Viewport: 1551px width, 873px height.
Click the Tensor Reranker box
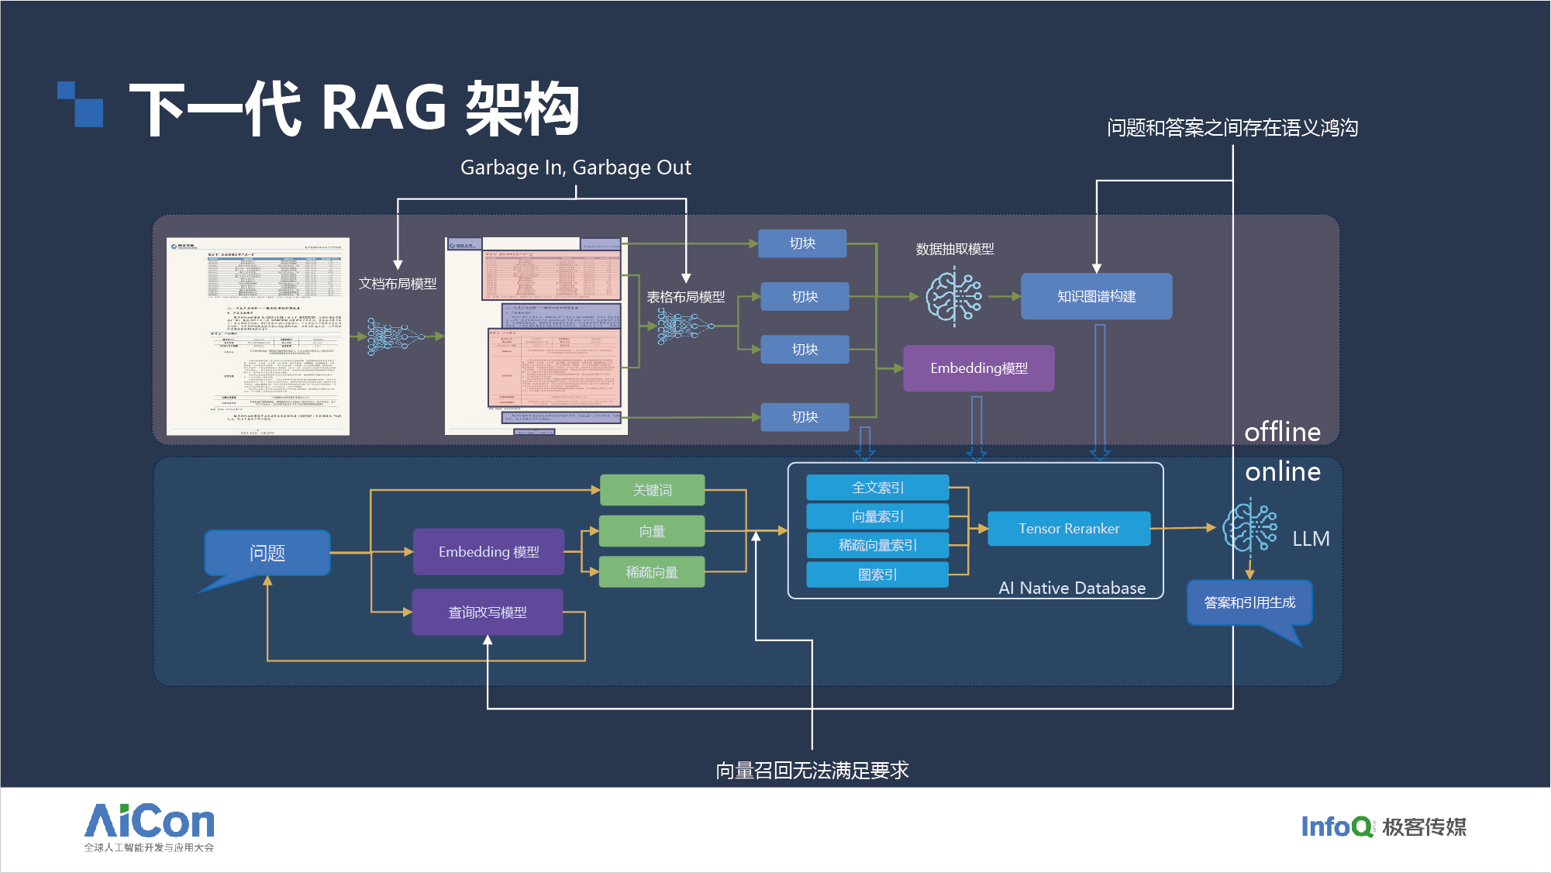[1069, 529]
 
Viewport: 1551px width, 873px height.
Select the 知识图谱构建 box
[1096, 296]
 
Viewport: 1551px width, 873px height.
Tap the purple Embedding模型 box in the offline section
[978, 368]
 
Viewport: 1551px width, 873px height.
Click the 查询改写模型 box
[488, 612]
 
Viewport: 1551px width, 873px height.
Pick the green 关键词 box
[652, 490]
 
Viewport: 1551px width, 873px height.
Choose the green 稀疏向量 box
[652, 572]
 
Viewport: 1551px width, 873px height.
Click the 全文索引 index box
[877, 488]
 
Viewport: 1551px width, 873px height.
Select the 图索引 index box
[877, 575]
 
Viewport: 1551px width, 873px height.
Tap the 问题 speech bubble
[267, 553]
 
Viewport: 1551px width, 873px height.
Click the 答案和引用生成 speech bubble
[1249, 602]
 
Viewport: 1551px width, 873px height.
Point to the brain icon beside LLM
[1249, 527]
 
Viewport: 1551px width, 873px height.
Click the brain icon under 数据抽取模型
[954, 295]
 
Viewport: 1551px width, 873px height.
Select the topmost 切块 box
[802, 243]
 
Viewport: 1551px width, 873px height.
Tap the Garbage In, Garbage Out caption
[575, 167]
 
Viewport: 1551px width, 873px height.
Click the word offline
[1282, 432]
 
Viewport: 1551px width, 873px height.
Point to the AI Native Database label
[1072, 588]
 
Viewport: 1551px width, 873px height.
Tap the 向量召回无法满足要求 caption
[812, 770]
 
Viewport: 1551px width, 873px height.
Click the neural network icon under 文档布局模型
[395, 336]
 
